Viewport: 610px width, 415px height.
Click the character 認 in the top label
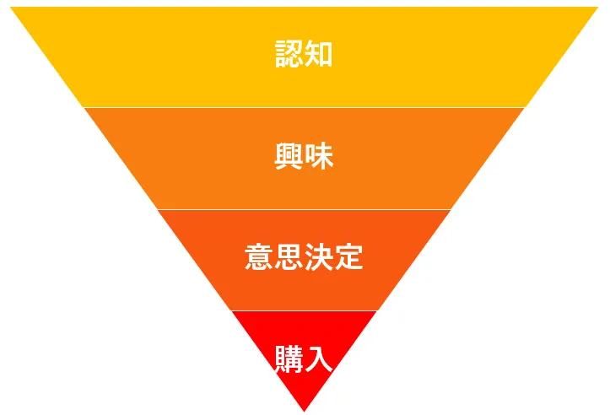tap(289, 55)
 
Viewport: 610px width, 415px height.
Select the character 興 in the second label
tap(289, 156)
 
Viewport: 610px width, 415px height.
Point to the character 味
tap(319, 156)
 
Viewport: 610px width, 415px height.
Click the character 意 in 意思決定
tap(258, 256)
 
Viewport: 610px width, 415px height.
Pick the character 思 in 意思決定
tap(289, 256)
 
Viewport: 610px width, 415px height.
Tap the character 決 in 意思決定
tap(319, 256)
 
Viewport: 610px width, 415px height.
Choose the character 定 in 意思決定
tap(349, 256)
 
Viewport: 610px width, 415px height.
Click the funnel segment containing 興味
tap(211, 160)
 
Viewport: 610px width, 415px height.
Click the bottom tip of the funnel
tap(304, 410)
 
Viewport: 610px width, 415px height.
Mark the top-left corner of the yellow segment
tap(12, 8)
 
